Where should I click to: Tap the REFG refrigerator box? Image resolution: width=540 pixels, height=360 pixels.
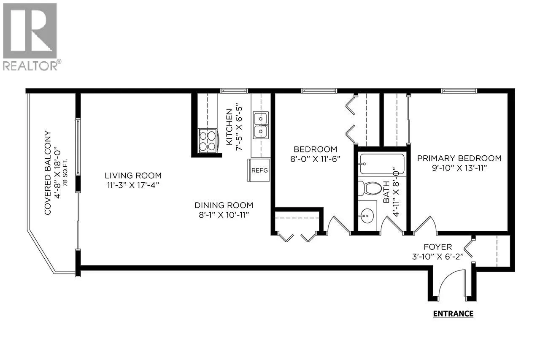pyautogui.click(x=259, y=170)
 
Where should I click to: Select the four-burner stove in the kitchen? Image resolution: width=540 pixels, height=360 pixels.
pyautogui.click(x=208, y=141)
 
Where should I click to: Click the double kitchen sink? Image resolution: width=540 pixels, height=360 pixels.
pyautogui.click(x=261, y=125)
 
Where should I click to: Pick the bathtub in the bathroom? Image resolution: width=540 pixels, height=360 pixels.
pyautogui.click(x=382, y=164)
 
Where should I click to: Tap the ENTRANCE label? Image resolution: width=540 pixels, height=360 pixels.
pyautogui.click(x=453, y=314)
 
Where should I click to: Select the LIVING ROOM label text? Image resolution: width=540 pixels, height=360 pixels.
pyautogui.click(x=133, y=175)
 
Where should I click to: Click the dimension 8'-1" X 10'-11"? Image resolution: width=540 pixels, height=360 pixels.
pyautogui.click(x=224, y=215)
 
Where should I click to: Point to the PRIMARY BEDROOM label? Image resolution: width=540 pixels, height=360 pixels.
pyautogui.click(x=459, y=158)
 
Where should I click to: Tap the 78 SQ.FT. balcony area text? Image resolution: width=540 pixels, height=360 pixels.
pyautogui.click(x=65, y=172)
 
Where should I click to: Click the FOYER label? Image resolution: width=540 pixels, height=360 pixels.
pyautogui.click(x=438, y=247)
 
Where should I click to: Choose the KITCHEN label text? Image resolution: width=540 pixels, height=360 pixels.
pyautogui.click(x=229, y=127)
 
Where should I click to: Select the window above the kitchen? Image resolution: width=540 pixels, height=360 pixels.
pyautogui.click(x=234, y=91)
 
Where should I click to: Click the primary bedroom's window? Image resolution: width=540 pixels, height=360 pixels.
pyautogui.click(x=459, y=91)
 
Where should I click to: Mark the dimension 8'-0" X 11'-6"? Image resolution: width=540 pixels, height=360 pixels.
pyautogui.click(x=315, y=159)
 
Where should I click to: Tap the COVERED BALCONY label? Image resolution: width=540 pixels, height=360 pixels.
pyautogui.click(x=48, y=173)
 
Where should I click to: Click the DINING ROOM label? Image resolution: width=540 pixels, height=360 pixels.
pyautogui.click(x=224, y=205)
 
